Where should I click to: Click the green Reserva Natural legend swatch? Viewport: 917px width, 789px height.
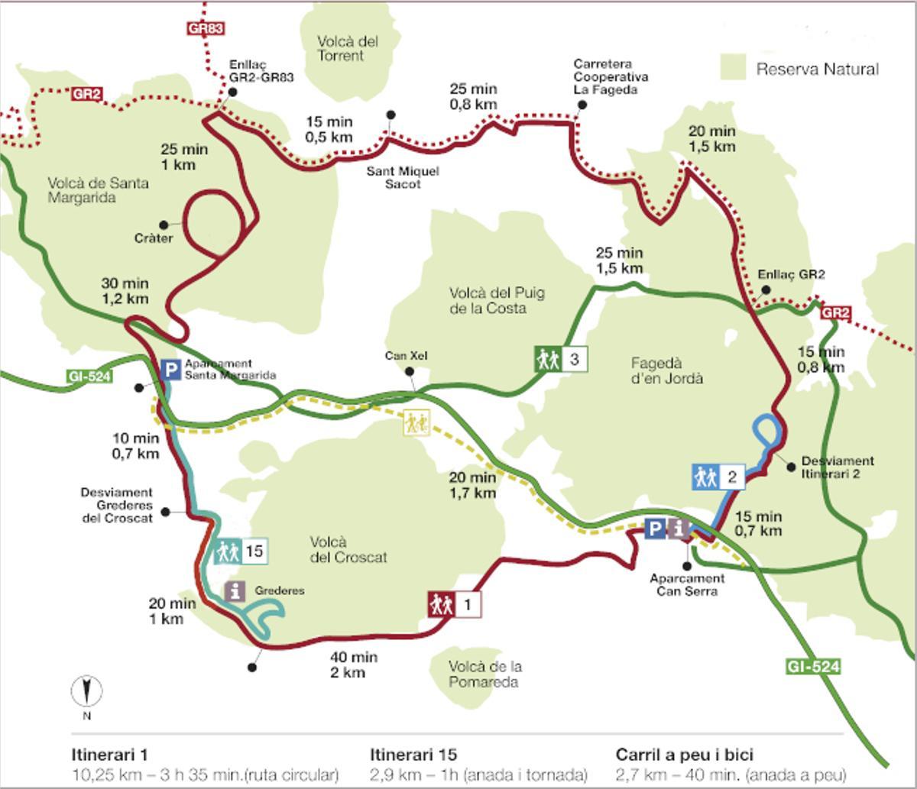coord(733,67)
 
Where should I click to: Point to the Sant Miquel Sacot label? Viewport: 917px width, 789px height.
coord(402,177)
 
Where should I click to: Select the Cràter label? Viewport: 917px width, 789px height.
coord(154,238)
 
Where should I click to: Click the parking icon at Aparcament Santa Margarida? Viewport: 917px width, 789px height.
coord(171,371)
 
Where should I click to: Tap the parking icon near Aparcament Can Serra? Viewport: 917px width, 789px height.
coord(655,529)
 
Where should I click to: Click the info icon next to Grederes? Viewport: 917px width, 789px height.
coord(235,590)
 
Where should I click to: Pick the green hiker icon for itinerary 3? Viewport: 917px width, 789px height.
coord(548,359)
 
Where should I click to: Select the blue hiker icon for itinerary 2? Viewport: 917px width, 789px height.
coord(705,477)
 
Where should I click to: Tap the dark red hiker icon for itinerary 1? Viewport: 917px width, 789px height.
coord(441,605)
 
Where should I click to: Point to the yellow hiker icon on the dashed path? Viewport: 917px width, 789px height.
coord(416,422)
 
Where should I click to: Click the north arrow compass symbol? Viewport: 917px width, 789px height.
coord(87,691)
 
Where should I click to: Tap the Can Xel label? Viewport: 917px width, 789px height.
coord(406,356)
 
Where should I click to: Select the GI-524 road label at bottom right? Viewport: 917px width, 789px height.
coord(813,667)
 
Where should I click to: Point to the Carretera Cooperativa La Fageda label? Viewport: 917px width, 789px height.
coord(611,77)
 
